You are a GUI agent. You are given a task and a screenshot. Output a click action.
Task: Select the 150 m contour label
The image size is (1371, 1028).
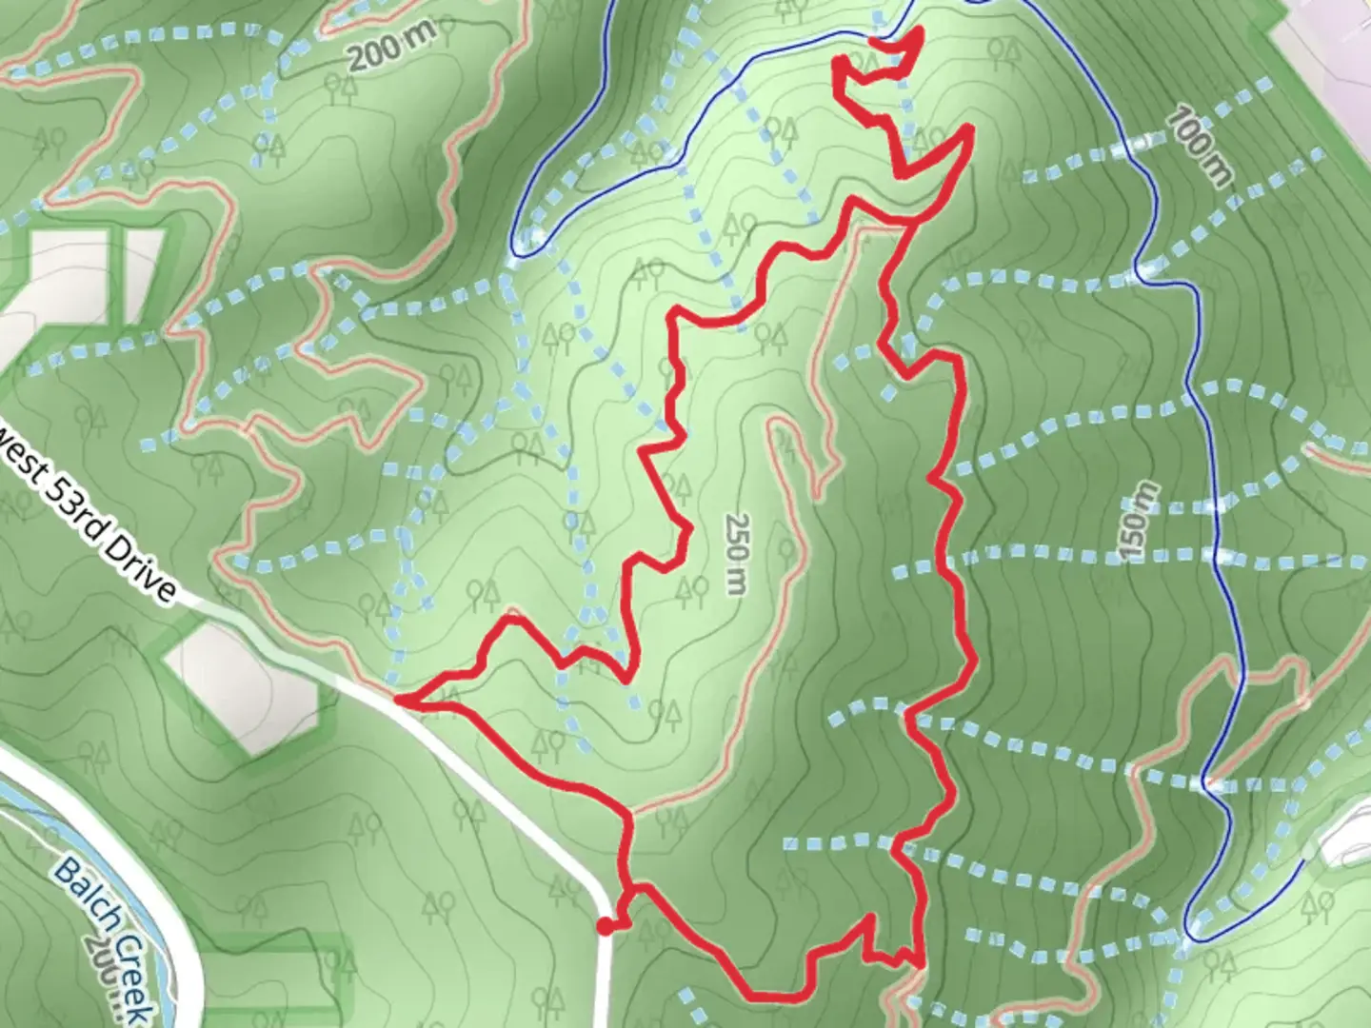click(1138, 522)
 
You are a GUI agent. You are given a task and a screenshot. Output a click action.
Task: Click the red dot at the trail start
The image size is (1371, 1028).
click(605, 925)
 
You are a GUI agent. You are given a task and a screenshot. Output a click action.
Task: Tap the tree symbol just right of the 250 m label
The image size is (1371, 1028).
click(786, 550)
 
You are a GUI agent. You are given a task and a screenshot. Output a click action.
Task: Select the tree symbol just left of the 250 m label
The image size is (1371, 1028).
click(690, 593)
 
